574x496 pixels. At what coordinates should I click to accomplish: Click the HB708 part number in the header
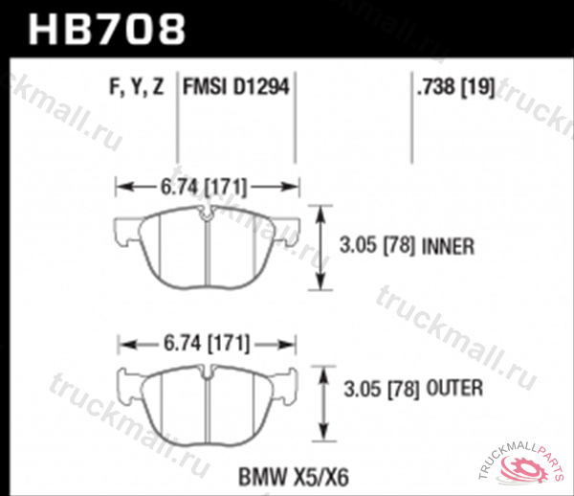(x=106, y=29)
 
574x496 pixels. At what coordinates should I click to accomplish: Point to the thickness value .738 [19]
(x=454, y=89)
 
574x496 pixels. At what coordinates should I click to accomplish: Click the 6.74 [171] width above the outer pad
(x=208, y=341)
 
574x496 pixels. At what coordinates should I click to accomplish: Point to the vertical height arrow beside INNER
(x=322, y=247)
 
